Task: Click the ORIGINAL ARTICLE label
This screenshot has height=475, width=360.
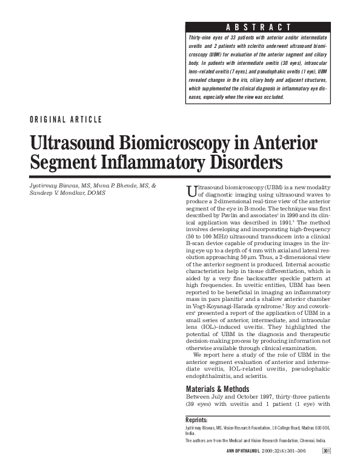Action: pos(65,120)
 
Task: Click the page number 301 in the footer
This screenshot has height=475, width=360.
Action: pos(326,451)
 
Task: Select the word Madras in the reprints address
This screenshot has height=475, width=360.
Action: pos(300,427)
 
